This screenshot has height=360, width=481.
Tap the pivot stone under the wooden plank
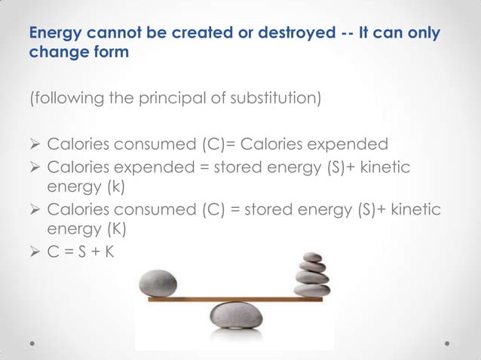236,315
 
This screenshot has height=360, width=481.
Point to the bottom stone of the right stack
311,291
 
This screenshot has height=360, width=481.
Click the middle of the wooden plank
235,299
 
